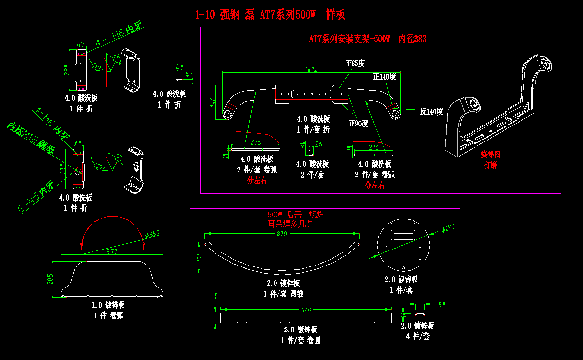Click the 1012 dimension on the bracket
(x=311, y=69)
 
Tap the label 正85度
(x=354, y=63)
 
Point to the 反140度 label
(x=431, y=111)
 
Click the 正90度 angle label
(x=358, y=123)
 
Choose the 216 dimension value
(x=373, y=147)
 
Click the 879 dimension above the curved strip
(x=282, y=234)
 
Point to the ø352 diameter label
(x=153, y=235)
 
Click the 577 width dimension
(x=112, y=252)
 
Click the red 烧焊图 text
(x=490, y=155)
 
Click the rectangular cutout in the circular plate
(x=403, y=236)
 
